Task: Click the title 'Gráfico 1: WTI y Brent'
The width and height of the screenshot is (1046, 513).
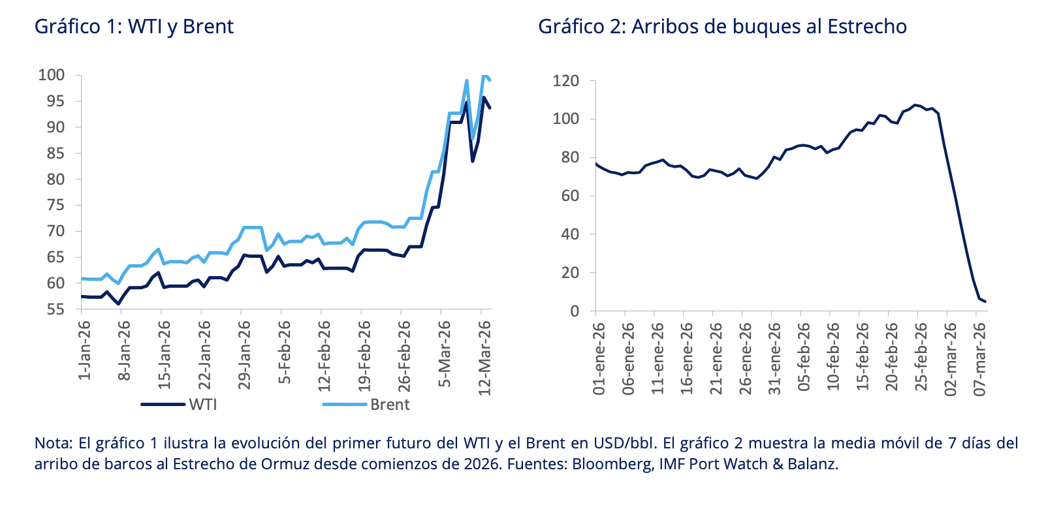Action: [134, 27]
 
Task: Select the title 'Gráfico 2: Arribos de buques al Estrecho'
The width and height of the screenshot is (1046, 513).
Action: [722, 27]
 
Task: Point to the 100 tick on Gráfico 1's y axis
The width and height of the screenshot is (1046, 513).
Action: [52, 75]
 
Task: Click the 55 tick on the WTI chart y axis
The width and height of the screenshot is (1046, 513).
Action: [55, 309]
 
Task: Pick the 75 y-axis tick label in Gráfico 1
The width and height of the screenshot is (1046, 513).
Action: [55, 205]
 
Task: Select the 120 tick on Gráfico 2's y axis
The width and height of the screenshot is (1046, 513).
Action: [565, 81]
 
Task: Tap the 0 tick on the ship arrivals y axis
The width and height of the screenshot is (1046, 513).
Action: [575, 311]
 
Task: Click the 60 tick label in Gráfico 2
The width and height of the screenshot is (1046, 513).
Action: [570, 196]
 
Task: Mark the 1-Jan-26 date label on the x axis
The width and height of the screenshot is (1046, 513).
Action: [84, 350]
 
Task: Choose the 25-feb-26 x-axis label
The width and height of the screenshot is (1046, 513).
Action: [921, 358]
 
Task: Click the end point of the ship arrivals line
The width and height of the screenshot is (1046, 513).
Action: [985, 302]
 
